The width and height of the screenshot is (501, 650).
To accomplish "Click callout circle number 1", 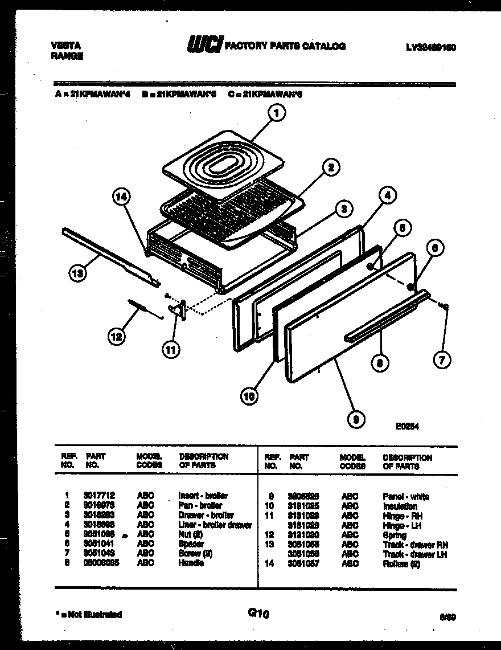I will point(276,114).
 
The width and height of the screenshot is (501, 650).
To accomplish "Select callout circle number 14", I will point(121,197).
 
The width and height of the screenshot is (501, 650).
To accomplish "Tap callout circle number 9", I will point(355,420).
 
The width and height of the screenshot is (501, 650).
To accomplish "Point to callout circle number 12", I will point(116,338).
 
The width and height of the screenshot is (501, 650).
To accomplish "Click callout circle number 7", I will point(442,359).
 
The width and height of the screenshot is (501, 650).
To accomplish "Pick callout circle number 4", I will point(387,195).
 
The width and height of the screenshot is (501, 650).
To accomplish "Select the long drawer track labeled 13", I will point(108,255).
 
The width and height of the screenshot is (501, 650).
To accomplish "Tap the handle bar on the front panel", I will point(386,317).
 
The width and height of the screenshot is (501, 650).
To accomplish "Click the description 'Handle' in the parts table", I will point(191,563).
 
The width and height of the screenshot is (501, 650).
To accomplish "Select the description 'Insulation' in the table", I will point(400,506).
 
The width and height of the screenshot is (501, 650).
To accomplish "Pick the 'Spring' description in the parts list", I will point(394,535).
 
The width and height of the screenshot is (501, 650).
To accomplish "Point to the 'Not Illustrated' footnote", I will point(88,614).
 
